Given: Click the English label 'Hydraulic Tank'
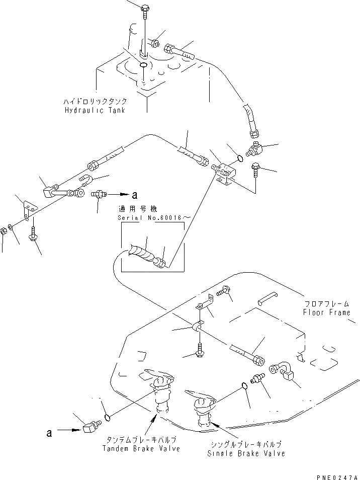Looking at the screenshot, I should [x=95, y=110].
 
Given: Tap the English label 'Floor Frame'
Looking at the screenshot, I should [x=326, y=312].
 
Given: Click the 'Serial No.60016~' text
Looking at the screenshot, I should [x=146, y=218].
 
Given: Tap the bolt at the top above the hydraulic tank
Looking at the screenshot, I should [x=145, y=9].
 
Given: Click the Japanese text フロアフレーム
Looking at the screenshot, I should [x=326, y=304].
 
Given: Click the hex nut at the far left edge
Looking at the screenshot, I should [x=4, y=232].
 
